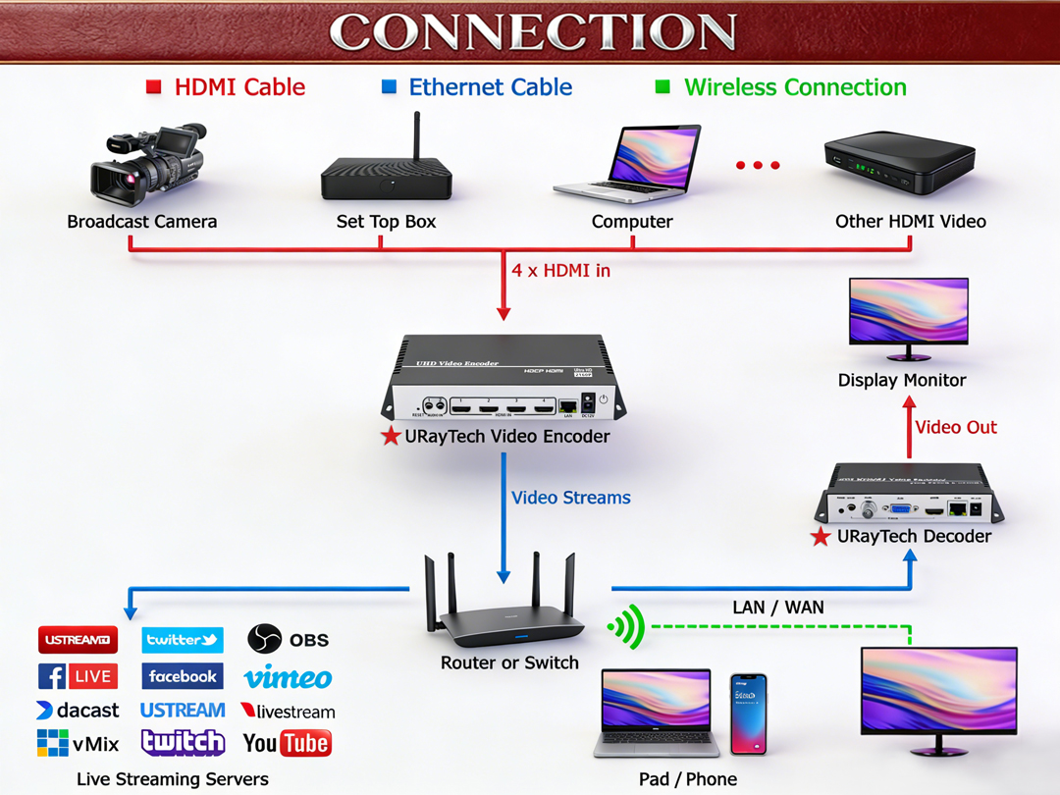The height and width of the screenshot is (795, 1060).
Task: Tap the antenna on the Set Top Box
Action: (415, 137)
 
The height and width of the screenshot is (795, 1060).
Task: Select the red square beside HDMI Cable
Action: (153, 87)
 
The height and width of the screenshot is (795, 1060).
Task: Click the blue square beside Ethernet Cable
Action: (389, 87)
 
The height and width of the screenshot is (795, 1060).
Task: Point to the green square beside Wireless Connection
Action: (662, 87)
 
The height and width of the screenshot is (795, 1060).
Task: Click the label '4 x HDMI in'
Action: (560, 270)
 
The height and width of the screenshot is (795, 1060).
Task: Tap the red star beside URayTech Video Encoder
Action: (391, 437)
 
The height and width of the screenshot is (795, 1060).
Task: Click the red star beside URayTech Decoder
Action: (821, 537)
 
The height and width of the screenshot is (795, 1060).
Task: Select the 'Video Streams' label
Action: (570, 498)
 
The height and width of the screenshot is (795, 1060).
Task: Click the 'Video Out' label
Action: (955, 427)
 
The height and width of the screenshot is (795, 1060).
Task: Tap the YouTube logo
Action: (287, 743)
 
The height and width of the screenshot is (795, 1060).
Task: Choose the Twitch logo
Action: (183, 743)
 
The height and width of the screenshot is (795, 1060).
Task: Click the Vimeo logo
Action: (288, 677)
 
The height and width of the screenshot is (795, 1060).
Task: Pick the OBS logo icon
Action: (264, 640)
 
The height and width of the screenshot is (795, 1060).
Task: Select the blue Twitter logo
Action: (182, 640)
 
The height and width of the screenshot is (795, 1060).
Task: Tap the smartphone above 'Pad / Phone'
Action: (748, 714)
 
